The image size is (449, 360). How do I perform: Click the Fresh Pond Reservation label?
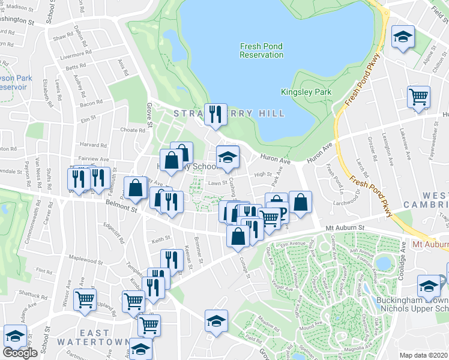click(x=261, y=50)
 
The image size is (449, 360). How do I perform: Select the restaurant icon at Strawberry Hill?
click(x=215, y=113)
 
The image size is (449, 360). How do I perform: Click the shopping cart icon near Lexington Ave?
click(x=418, y=97)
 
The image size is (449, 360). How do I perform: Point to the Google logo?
click(x=20, y=353)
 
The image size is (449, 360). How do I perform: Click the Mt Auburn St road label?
click(x=345, y=228)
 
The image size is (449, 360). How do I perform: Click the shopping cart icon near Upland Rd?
click(x=85, y=299)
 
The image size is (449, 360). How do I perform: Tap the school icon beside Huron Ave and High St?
click(x=228, y=157)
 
